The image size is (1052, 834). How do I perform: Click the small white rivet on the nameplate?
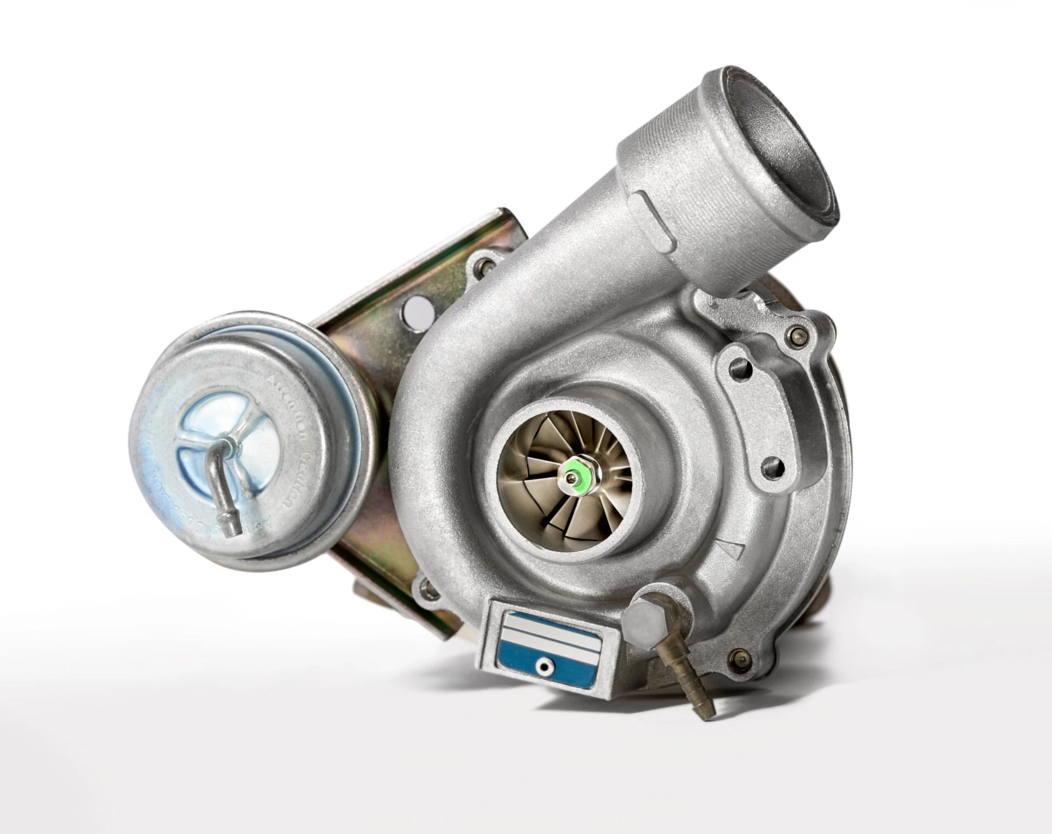point(544,666)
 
